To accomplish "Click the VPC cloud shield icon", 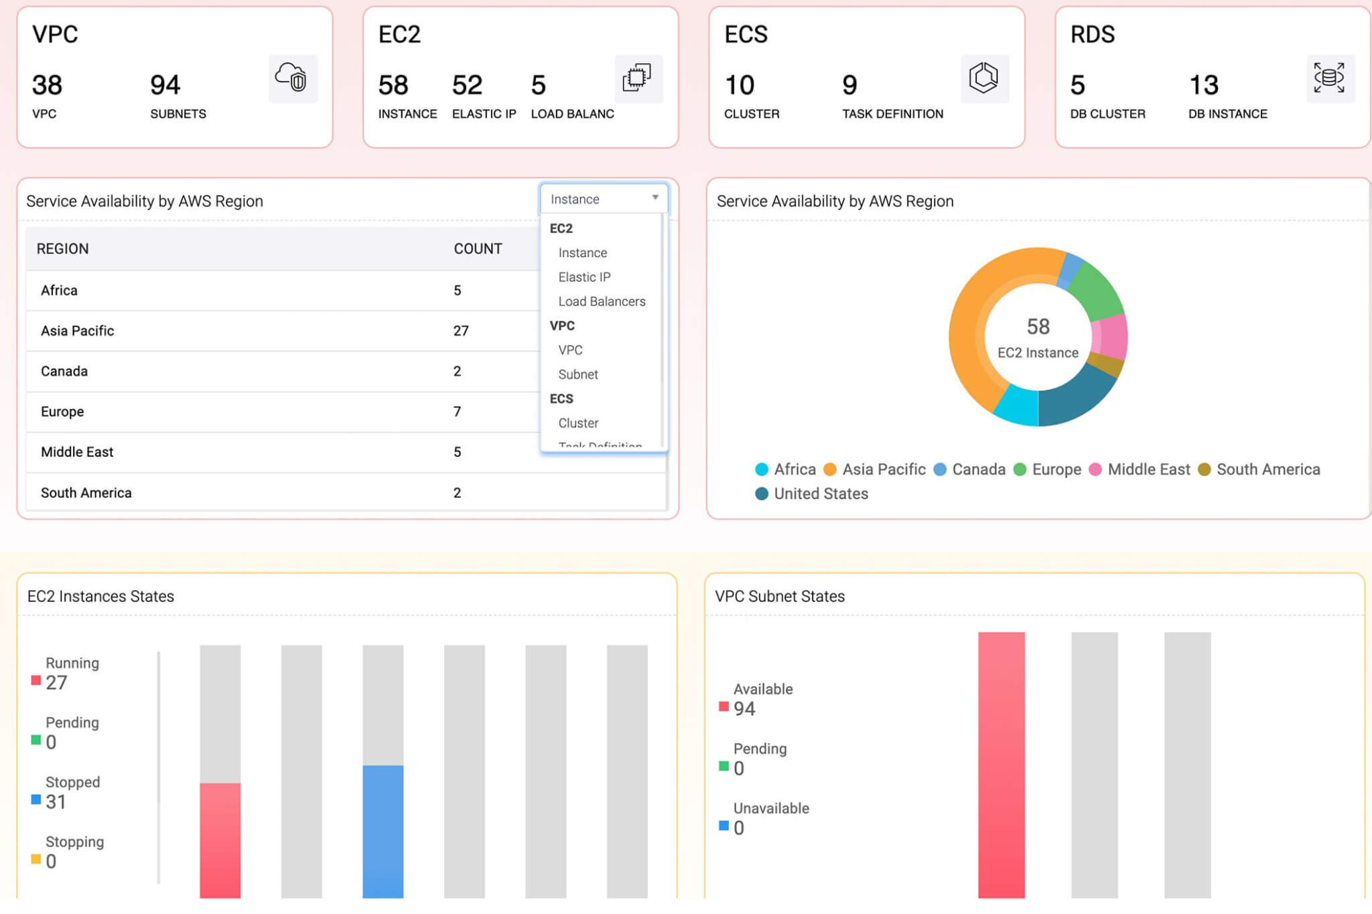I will (293, 78).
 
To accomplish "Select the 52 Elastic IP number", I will (467, 85).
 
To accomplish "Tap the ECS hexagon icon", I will (983, 78).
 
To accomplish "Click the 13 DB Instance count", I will (1203, 85).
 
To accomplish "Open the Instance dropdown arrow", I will (655, 198).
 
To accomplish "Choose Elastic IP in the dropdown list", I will (584, 277).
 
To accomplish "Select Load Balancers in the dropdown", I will (602, 301).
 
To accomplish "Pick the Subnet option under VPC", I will (578, 374).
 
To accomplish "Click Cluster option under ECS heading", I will (578, 423).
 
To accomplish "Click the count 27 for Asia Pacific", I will (461, 331).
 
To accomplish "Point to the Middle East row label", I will (77, 452).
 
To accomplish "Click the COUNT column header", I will (478, 249).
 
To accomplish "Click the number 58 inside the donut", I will (1038, 327).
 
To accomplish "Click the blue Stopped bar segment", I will (383, 830).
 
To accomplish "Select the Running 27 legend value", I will (56, 682).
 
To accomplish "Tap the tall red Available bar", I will (1001, 763).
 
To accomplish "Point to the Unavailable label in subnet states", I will (770, 808).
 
